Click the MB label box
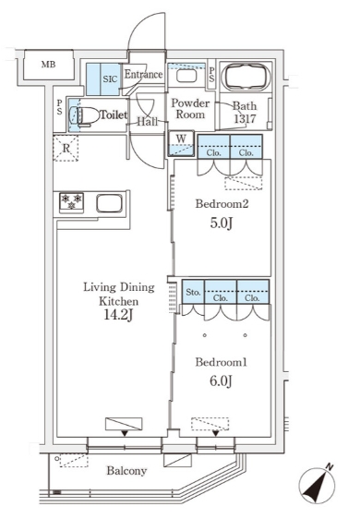tap(49, 65)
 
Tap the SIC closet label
tap(110, 79)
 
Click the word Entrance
tap(143, 74)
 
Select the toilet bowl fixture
tap(84, 115)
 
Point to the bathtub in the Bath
tap(246, 77)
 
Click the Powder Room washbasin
tap(187, 76)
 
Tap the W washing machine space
tap(181, 144)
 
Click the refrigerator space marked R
tap(66, 148)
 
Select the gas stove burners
tap(71, 202)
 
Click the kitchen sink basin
tap(110, 203)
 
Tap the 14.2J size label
tap(118, 315)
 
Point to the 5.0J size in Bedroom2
tap(221, 223)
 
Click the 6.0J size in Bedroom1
tap(221, 380)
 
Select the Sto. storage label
tap(193, 292)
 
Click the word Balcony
tap(126, 471)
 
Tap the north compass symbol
tap(316, 484)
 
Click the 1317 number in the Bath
tap(245, 118)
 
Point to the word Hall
tap(148, 122)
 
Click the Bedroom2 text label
tap(222, 203)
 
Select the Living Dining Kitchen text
tap(119, 294)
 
